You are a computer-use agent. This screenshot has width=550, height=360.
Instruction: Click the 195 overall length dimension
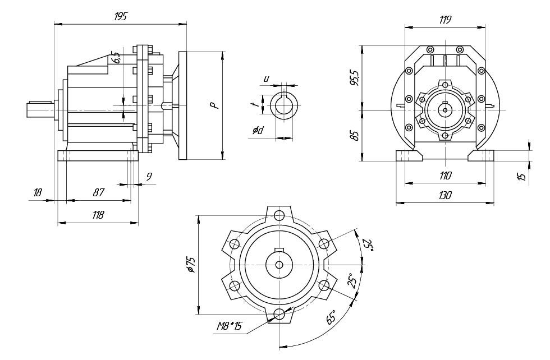(120, 17)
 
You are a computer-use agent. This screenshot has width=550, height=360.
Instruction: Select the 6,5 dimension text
(116, 57)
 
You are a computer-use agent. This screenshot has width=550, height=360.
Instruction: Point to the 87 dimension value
(98, 192)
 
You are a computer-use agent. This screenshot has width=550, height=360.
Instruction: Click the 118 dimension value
(98, 215)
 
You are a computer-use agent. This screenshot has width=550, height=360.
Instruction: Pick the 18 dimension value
(38, 192)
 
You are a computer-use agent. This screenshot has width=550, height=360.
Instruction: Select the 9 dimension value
(149, 176)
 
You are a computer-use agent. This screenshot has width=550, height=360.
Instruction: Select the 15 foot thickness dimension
(522, 176)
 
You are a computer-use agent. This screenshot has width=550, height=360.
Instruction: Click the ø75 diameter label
(191, 265)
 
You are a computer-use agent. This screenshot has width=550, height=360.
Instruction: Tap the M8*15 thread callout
(230, 326)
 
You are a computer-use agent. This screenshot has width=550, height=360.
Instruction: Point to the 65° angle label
(331, 317)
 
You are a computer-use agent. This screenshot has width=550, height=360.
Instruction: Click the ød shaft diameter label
(258, 131)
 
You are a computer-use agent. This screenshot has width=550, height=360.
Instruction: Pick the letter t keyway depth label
(254, 104)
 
